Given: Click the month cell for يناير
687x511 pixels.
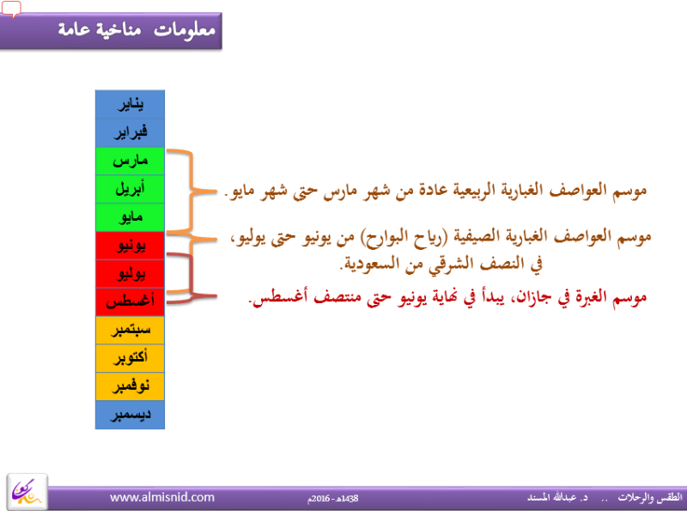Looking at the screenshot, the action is pos(131,104).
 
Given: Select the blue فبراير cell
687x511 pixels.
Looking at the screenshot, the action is pos(131,132).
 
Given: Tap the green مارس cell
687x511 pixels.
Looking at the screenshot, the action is pos(131,161).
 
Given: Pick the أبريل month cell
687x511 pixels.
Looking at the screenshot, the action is pos(131,189).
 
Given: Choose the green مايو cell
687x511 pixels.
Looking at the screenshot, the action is pos(131,217).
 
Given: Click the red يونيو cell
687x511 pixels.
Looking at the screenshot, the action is pos(131,246).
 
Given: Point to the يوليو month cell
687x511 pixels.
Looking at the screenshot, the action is pos(131,273).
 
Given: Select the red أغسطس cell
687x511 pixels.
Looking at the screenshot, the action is pos(131,301).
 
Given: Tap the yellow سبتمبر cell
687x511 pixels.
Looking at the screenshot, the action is pos(131,330).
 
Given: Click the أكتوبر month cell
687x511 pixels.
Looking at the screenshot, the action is pos(131,358).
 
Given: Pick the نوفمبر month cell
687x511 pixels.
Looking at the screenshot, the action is pos(131,386).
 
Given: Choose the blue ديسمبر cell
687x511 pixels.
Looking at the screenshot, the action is pos(131,415).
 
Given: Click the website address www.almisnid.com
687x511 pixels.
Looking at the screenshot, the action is pos(162,497).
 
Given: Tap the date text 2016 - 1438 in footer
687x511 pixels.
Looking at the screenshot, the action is pos(333,498).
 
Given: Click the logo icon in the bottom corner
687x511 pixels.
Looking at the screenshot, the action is pos(27,492).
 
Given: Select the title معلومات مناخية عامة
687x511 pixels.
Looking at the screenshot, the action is pos(137,29).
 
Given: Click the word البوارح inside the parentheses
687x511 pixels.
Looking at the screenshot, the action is pos(389,238).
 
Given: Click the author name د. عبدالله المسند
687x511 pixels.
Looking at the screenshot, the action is pos(557,497).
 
